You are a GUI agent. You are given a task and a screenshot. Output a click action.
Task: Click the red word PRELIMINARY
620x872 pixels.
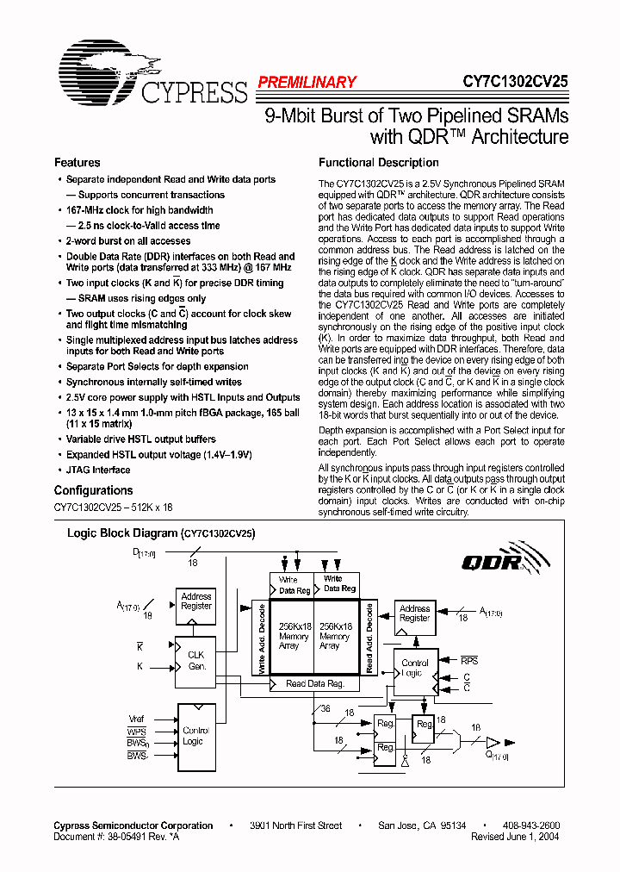[307, 83]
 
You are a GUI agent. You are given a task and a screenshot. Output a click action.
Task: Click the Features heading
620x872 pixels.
[77, 163]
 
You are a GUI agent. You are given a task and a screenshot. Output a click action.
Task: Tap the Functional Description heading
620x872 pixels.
[379, 163]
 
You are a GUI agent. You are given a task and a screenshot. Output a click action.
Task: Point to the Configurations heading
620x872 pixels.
[94, 491]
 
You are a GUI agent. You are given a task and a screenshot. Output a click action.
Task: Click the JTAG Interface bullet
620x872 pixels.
[98, 470]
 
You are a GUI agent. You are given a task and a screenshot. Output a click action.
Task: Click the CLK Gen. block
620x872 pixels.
[196, 662]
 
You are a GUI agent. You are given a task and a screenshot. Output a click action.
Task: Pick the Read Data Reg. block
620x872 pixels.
[315, 684]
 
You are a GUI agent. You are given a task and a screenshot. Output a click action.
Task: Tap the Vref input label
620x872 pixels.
[136, 719]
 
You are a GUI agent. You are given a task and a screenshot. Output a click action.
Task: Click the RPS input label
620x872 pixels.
[468, 660]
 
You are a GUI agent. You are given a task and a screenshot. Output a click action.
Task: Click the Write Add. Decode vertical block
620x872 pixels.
[262, 638]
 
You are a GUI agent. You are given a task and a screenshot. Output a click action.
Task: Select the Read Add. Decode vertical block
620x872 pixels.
[369, 638]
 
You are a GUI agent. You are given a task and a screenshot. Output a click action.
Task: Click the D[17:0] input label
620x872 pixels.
[143, 552]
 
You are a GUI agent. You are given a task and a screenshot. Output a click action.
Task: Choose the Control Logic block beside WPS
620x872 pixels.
[195, 736]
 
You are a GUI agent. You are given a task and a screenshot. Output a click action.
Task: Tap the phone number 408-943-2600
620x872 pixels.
[531, 825]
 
